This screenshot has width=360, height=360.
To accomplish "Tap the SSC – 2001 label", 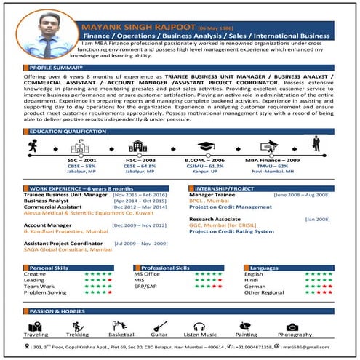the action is tap(81, 160).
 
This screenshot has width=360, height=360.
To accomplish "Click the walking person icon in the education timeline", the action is tap(32, 145).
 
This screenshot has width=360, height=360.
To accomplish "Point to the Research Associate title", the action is tap(215, 218).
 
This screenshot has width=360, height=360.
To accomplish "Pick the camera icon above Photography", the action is tap(292, 327).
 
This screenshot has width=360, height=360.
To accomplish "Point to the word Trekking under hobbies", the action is tap(78, 335).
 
